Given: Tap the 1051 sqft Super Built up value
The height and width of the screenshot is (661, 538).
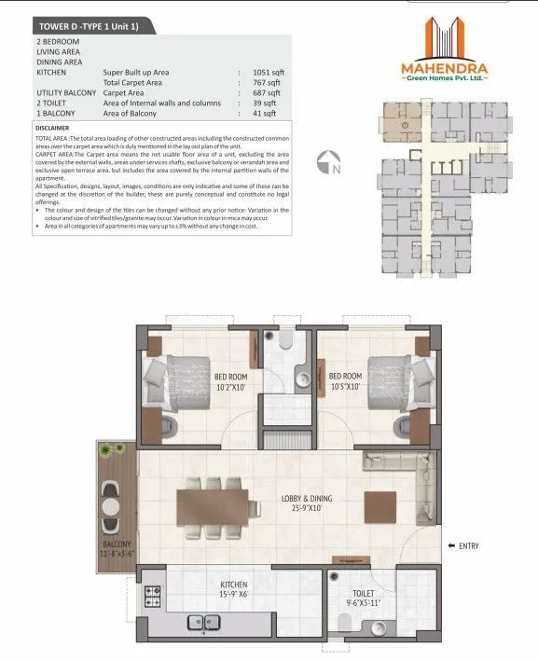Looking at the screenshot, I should click(x=268, y=72).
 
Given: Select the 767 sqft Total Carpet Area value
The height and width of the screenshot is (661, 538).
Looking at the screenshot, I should click(x=268, y=82).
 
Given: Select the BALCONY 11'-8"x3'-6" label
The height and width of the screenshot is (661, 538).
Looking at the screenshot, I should click(x=117, y=548).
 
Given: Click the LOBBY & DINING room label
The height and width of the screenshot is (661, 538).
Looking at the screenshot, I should click(x=308, y=503).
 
